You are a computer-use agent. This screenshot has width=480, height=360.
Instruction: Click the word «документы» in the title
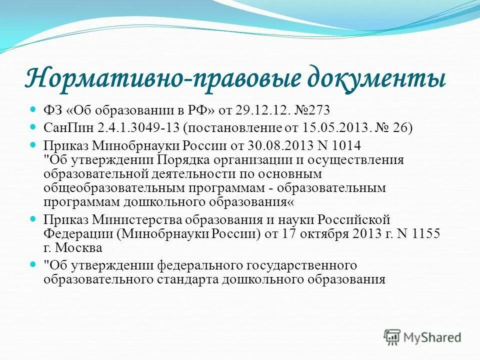[x=375, y=80]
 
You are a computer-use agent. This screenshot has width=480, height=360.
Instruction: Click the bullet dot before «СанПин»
[x=34, y=126]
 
